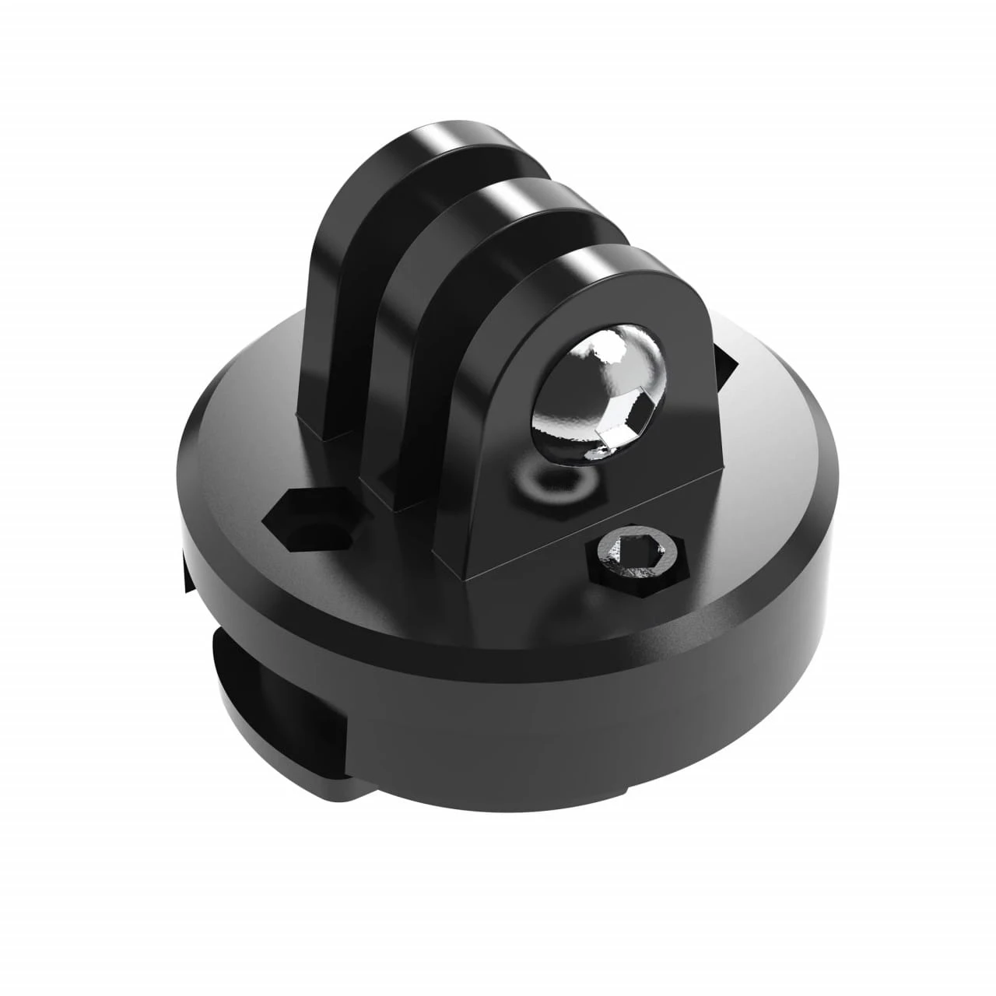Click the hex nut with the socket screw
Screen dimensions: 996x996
(637, 561)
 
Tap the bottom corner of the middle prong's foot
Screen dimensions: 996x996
(397, 506)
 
